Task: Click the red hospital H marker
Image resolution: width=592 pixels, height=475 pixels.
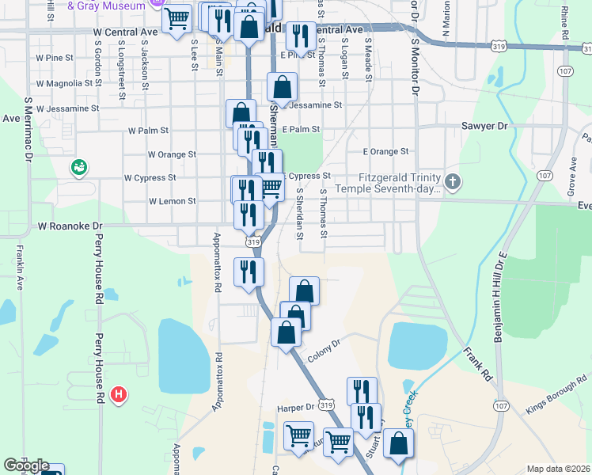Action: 119,393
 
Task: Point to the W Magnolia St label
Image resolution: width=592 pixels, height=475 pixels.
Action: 66,83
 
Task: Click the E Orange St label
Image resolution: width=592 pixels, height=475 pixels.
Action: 385,151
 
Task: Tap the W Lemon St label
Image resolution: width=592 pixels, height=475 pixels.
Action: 172,201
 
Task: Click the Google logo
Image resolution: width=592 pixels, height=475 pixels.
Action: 25,466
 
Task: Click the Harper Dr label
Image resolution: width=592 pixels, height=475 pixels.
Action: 296,408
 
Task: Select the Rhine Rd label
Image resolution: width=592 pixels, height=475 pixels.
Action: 565,24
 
